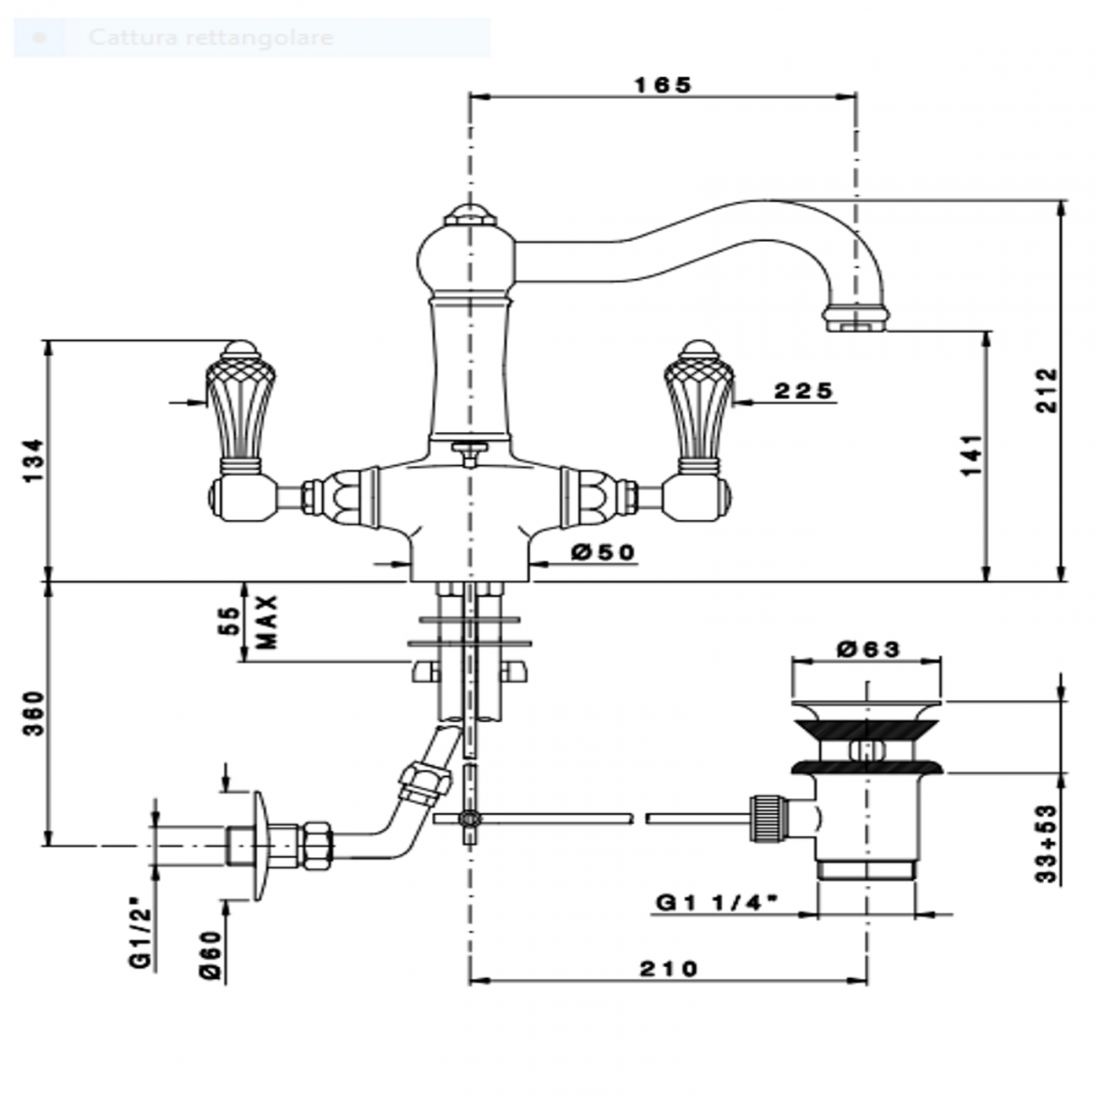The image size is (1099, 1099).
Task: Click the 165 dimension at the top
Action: click(663, 85)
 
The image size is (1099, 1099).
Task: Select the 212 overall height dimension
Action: click(1048, 390)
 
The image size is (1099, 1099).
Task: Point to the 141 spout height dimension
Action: click(972, 455)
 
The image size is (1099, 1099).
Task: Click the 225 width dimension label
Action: click(804, 391)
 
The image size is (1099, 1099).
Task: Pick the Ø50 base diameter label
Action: click(602, 552)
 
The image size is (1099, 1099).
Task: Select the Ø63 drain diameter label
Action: click(868, 649)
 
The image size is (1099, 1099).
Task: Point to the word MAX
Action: click(268, 621)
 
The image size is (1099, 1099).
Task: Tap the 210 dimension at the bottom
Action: click(668, 969)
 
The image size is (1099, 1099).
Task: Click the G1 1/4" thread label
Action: click(717, 903)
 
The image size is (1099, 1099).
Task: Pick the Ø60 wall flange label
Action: click(211, 955)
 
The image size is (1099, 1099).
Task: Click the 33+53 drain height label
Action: click(1048, 844)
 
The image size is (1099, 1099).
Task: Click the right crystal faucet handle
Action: click(698, 406)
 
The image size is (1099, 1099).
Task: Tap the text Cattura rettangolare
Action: click(211, 38)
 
